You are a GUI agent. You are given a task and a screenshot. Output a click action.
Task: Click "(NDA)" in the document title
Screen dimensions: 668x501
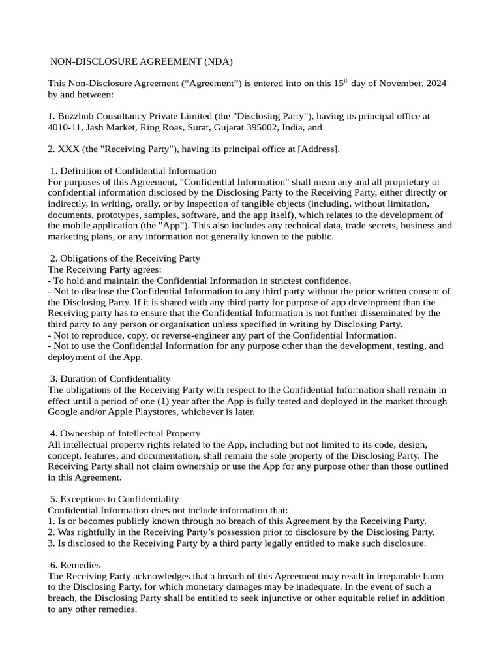(x=218, y=61)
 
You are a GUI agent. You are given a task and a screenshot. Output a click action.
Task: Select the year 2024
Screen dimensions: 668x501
(x=435, y=83)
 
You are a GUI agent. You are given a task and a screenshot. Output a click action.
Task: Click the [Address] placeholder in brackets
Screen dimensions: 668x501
(x=318, y=149)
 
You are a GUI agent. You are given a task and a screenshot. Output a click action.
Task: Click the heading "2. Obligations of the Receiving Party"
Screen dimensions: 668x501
(x=125, y=258)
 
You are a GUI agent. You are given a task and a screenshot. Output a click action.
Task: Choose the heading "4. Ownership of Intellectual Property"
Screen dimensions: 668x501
(x=125, y=433)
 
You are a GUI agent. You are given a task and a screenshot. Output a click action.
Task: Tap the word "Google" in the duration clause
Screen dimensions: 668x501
(x=64, y=412)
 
